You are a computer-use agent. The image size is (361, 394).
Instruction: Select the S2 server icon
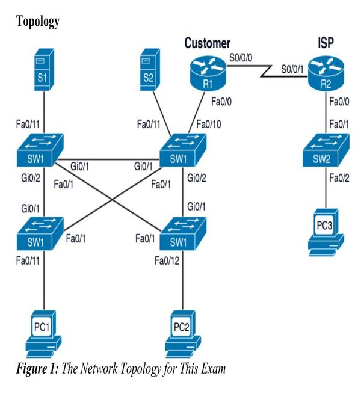149,70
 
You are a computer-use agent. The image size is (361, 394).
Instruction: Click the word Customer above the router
207,43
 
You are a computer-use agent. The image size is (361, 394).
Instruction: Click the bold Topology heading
37,22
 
